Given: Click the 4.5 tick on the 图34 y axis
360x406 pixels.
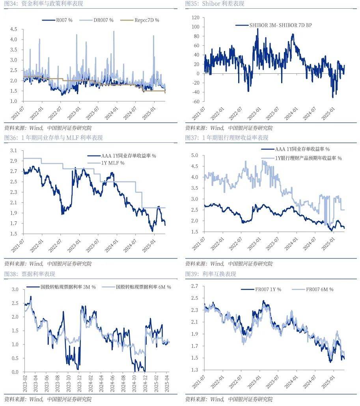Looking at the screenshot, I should [x=13, y=29].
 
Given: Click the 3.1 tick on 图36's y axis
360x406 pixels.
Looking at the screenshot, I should [x=14, y=151].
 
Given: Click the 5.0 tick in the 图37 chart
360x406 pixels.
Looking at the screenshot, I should [x=194, y=155].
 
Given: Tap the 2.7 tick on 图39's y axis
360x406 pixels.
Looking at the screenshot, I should [x=194, y=286].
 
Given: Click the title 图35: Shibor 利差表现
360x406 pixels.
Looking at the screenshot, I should [x=215, y=4].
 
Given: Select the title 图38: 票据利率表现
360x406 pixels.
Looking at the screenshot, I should [x=30, y=274].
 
